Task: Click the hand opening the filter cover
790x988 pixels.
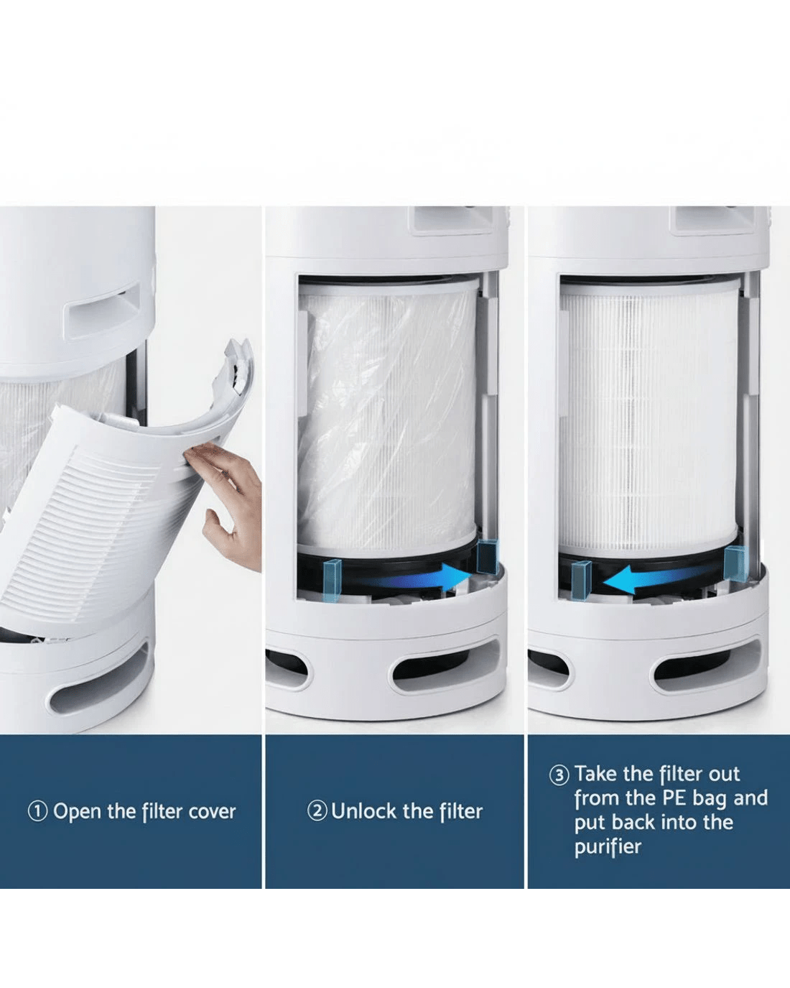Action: tap(225, 505)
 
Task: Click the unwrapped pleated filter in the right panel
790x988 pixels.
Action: tap(649, 415)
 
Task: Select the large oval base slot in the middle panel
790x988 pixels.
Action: tap(445, 673)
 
